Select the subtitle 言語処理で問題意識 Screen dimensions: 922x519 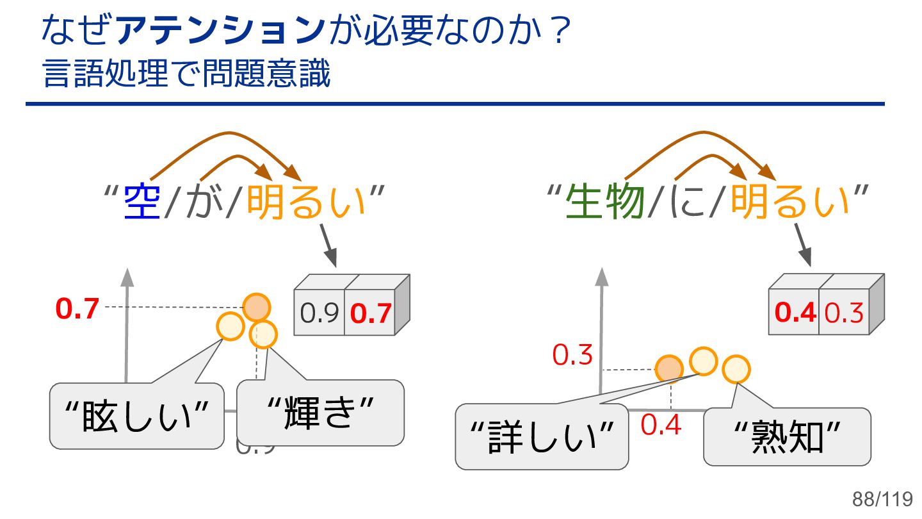(x=186, y=74)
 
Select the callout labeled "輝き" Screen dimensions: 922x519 (x=320, y=413)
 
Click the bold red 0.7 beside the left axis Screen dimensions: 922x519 (x=77, y=309)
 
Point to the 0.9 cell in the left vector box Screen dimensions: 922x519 (x=319, y=313)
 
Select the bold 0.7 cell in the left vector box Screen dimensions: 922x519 (x=370, y=313)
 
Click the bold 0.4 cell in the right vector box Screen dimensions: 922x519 (x=795, y=313)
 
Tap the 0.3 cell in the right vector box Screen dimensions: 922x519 (x=844, y=313)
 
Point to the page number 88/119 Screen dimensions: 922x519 (x=882, y=499)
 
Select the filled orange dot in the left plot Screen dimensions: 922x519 (x=257, y=306)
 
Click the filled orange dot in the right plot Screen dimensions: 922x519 (x=670, y=368)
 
